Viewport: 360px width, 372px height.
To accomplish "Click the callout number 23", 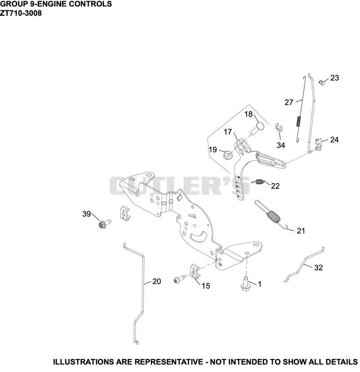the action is click(x=335, y=78).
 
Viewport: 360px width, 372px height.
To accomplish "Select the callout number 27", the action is click(x=289, y=102).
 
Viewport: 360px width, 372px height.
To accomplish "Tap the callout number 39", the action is click(x=86, y=214).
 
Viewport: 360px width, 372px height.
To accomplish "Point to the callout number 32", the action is click(x=319, y=268).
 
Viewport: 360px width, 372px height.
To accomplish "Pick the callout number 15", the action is click(x=206, y=286).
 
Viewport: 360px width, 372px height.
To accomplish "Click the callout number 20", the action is click(x=157, y=282).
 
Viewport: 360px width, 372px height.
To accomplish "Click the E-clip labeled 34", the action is click(x=279, y=128).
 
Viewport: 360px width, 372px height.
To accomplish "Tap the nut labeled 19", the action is click(x=228, y=155).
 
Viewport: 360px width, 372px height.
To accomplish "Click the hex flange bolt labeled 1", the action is click(x=246, y=283).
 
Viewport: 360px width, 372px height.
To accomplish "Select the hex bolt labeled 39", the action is click(x=104, y=224).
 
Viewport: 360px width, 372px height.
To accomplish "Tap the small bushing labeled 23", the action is click(x=322, y=82).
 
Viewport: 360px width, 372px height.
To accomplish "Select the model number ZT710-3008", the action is click(x=21, y=13).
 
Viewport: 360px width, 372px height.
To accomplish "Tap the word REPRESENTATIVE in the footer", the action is click(x=169, y=362).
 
